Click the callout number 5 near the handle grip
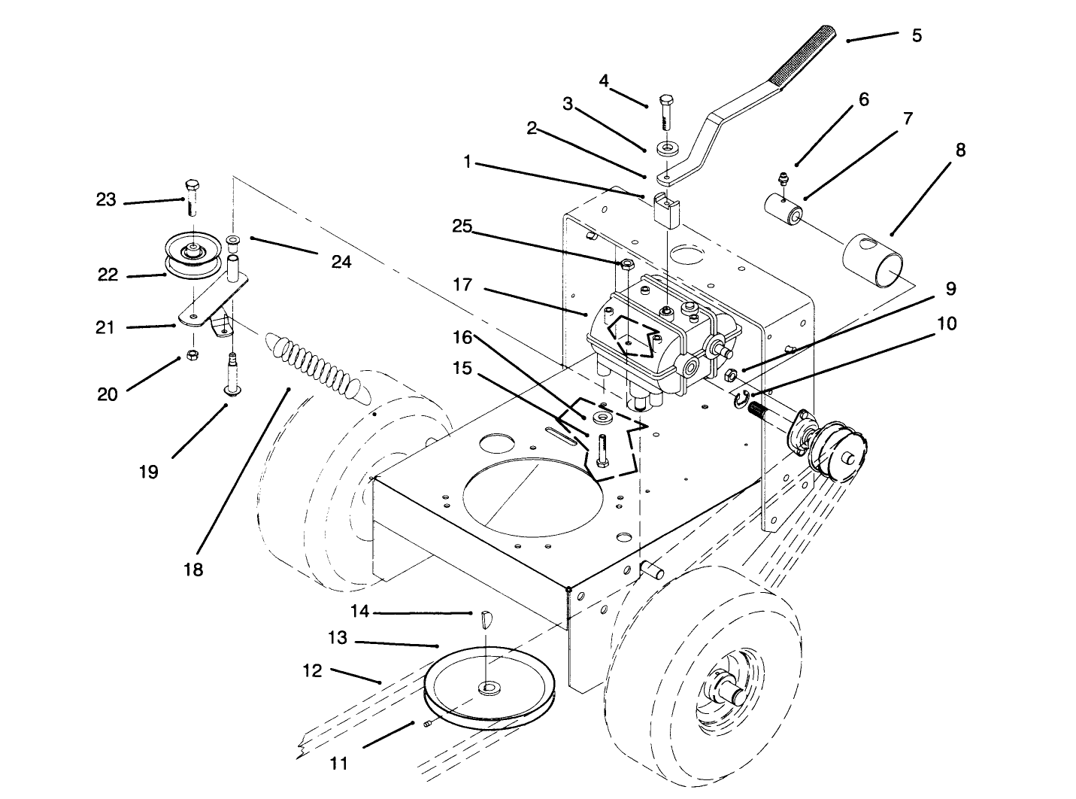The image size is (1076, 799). point(916,35)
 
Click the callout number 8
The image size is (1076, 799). point(960,150)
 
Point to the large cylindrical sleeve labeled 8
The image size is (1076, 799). point(874,260)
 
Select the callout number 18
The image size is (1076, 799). point(193,570)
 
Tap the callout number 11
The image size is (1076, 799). point(339,763)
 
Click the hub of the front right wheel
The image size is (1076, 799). point(728,686)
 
